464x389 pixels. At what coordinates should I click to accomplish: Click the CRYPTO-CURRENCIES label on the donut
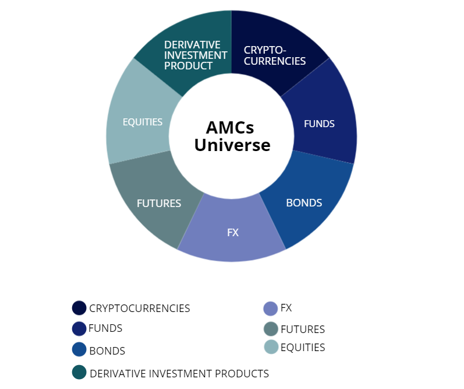[x=274, y=55]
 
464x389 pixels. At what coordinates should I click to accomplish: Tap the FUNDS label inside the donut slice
[x=319, y=124]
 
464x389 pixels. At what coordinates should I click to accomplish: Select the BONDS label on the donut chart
[x=304, y=203]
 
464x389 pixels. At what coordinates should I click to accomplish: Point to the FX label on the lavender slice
[x=233, y=232]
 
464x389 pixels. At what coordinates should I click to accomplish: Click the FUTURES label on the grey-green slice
[x=159, y=204]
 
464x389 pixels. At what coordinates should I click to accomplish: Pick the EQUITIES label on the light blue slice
[x=143, y=122]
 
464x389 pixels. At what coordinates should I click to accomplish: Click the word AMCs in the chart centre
[x=230, y=128]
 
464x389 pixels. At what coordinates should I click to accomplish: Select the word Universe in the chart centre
[x=232, y=145]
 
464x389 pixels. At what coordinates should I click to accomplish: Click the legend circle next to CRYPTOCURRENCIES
[x=79, y=308]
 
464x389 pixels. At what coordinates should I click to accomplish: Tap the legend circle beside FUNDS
[x=79, y=329]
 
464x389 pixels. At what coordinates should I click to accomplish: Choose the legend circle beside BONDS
[x=79, y=350]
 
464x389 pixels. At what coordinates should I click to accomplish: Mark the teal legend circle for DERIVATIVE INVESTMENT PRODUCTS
[x=79, y=372]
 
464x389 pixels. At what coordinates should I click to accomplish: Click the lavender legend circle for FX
[x=271, y=308]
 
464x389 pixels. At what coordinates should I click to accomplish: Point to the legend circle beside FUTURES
[x=271, y=329]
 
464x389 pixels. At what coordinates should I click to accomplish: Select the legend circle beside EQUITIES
[x=271, y=347]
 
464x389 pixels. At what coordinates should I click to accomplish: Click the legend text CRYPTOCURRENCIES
[x=140, y=309]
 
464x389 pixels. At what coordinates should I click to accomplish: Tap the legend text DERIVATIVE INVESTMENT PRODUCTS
[x=179, y=373]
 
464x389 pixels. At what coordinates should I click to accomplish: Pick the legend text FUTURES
[x=303, y=330]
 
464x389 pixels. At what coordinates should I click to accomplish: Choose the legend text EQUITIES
[x=303, y=348]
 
